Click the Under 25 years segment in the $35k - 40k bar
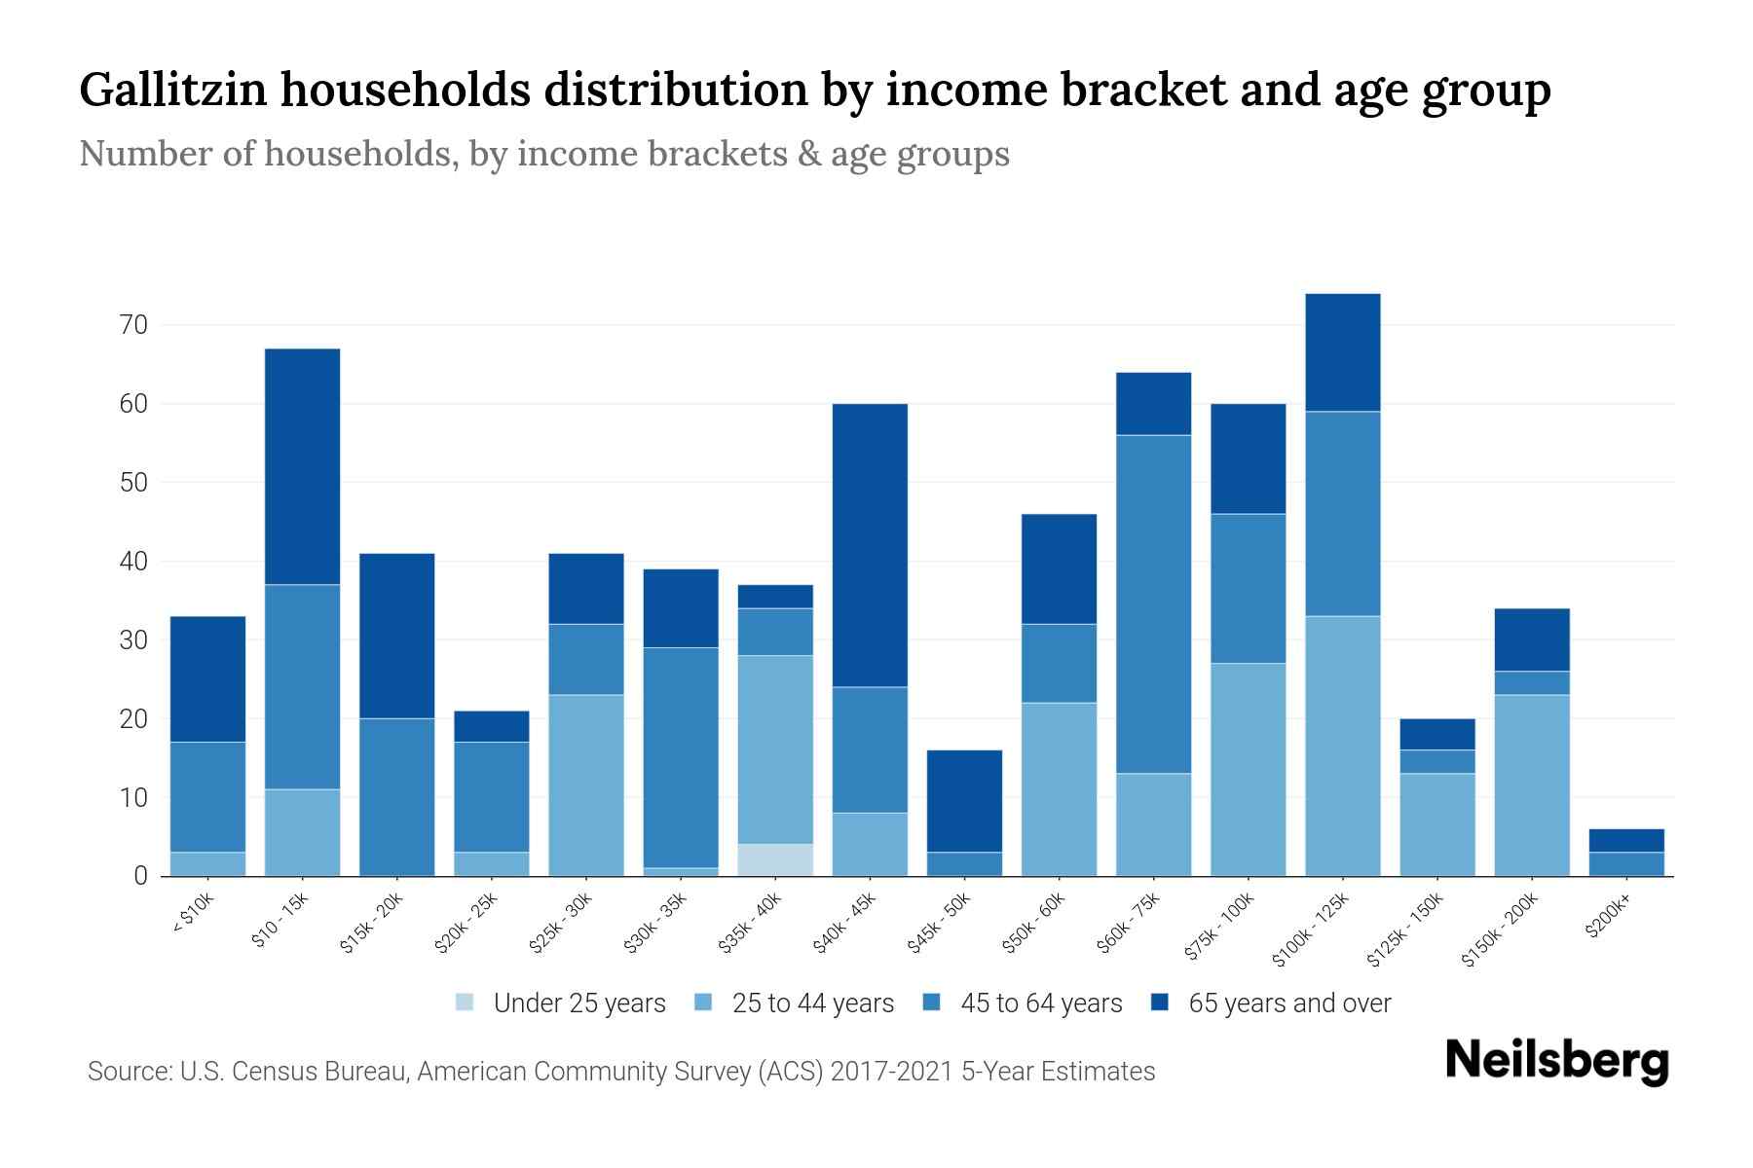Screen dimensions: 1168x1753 tap(775, 859)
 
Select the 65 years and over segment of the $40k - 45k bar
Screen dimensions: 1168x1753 tap(870, 545)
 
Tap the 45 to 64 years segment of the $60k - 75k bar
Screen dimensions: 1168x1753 tap(1153, 603)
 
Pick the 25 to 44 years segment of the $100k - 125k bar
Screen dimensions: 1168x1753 tap(1342, 746)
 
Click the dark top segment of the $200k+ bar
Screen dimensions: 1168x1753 tap(1626, 840)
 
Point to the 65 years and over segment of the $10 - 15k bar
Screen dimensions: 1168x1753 tap(302, 466)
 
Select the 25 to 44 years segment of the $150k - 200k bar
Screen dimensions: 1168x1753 tap(1532, 785)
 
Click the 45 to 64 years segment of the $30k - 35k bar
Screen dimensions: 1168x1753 tap(681, 757)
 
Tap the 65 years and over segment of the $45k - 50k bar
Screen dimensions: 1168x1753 tap(964, 801)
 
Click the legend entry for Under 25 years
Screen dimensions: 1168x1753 tap(560, 1003)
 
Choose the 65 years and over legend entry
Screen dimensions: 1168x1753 tap(1270, 1003)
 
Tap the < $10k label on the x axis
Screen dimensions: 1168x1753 tap(194, 914)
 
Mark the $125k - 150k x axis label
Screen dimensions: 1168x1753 tap(1406, 932)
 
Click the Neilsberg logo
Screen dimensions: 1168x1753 tap(1556, 1061)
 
